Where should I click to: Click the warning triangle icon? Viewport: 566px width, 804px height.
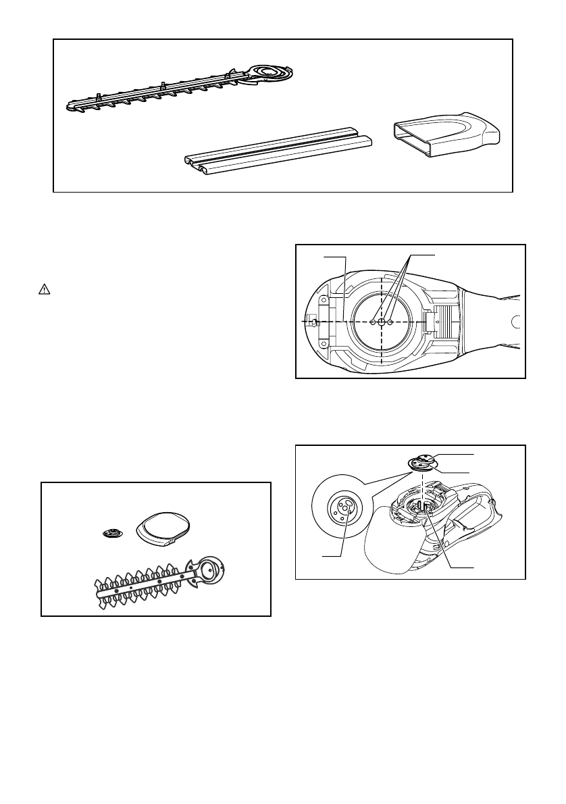tap(43, 288)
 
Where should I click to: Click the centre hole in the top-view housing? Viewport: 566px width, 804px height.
tap(382, 323)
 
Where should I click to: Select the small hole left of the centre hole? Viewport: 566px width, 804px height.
tap(373, 323)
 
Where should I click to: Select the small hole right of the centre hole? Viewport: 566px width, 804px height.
tap(390, 323)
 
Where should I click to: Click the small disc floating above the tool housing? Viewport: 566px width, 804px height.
tap(423, 461)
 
